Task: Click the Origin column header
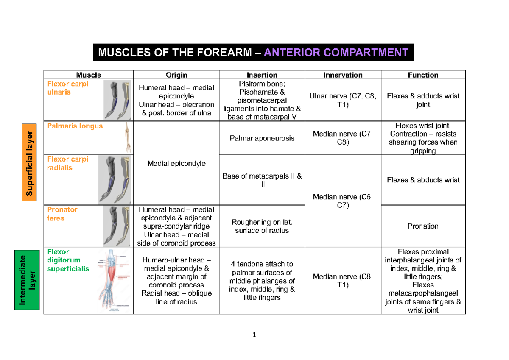coord(176,75)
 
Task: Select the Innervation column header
coord(343,75)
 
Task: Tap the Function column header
coord(423,75)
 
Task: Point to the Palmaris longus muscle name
coord(75,126)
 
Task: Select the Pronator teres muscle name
coord(62,214)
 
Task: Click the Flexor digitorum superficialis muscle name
coord(68,260)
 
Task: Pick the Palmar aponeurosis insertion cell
coord(262,138)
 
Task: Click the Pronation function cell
coord(423,226)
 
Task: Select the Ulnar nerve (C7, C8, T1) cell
coord(343,100)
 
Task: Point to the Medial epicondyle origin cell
coord(176,163)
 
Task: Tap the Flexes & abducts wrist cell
coord(423,180)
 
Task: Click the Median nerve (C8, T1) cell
coord(343,281)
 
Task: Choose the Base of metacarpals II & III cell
coord(262,180)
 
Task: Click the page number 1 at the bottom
coord(254,335)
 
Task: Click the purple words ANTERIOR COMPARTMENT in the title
coord(336,53)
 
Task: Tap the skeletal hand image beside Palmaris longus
coord(127,138)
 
